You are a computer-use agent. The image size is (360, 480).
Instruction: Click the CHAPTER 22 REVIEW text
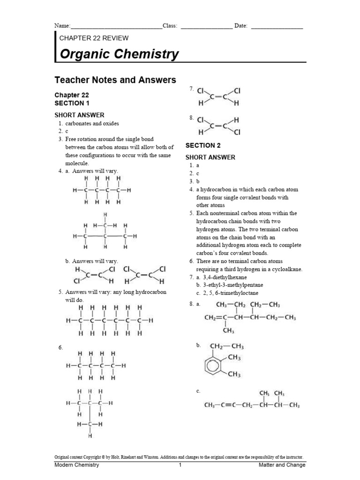tap(94, 38)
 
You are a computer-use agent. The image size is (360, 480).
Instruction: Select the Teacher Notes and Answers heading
tap(115, 80)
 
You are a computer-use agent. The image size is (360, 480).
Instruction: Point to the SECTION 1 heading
tap(72, 103)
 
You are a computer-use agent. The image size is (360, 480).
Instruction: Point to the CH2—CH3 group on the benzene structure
tap(227, 346)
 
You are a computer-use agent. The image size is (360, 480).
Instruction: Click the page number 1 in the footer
tap(180, 465)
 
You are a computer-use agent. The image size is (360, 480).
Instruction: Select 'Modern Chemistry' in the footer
tap(77, 465)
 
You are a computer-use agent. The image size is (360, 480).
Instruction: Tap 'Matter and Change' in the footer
tap(282, 465)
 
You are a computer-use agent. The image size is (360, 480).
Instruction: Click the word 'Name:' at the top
tap(62, 26)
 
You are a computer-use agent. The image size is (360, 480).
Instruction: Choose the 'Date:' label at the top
tap(241, 26)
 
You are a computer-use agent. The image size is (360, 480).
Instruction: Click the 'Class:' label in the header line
tap(170, 26)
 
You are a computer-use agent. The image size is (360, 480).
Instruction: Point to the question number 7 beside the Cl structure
tap(191, 89)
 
